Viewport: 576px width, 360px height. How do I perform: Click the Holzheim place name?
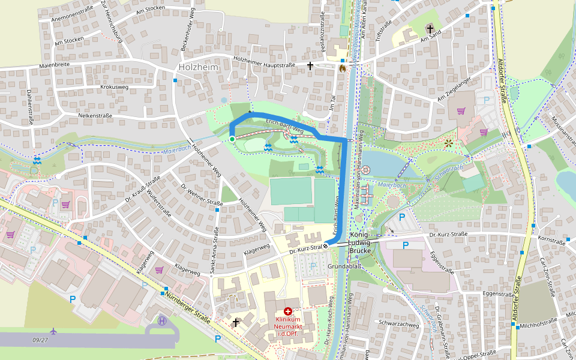199,68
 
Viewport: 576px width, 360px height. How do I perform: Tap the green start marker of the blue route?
232,139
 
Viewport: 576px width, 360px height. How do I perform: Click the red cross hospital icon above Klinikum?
288,311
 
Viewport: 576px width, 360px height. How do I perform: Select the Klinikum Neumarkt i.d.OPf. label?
287,326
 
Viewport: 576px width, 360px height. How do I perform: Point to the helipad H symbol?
162,320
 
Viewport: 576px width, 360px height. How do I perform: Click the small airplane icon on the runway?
54,331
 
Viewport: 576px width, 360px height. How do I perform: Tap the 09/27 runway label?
41,340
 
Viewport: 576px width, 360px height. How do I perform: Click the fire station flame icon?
342,68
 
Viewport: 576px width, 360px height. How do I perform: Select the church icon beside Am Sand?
430,29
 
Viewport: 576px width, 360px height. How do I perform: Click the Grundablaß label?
343,265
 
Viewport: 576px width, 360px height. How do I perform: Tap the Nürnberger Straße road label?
188,307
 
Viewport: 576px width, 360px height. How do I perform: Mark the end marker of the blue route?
326,245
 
